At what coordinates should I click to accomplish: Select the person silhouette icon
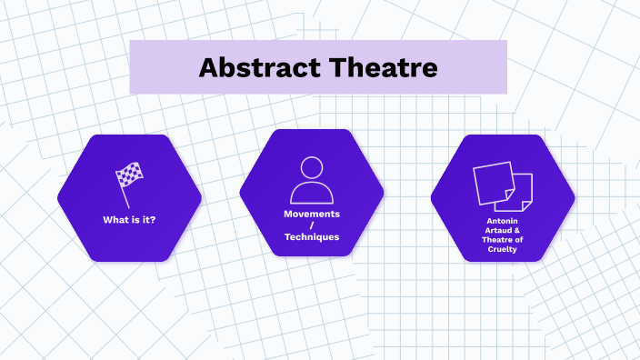(x=311, y=181)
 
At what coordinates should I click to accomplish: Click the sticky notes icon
(x=503, y=185)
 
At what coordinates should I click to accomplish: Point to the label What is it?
(x=129, y=220)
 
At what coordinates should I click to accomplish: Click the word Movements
(x=311, y=214)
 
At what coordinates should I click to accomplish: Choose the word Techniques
(x=311, y=236)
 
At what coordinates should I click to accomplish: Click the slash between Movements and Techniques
(x=311, y=225)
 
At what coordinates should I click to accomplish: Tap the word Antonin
(x=502, y=221)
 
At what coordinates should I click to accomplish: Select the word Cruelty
(x=502, y=248)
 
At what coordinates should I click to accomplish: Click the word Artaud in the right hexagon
(x=496, y=230)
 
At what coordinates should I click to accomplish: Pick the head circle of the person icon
(x=311, y=167)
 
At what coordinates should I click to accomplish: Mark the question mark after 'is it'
(x=153, y=220)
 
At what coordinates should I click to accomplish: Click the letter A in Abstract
(x=208, y=67)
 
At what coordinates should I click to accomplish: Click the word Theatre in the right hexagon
(x=504, y=239)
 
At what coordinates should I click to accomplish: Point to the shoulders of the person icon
(x=311, y=193)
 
